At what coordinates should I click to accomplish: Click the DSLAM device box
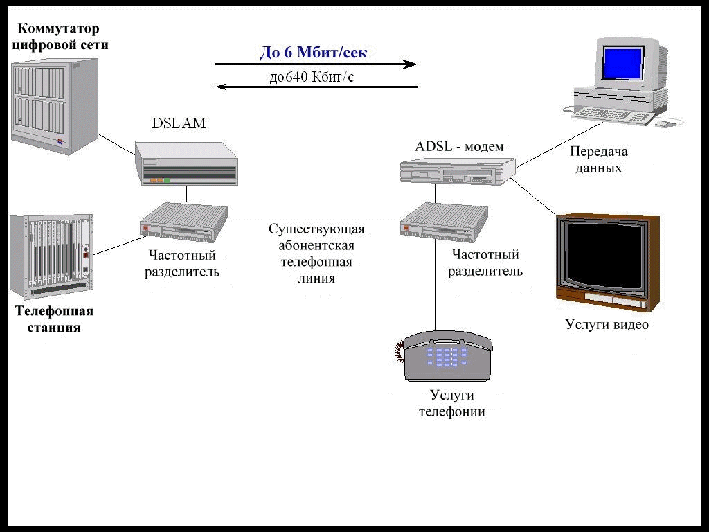tap(186, 163)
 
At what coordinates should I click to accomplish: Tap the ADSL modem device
tap(457, 170)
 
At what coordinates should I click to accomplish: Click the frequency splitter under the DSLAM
tap(183, 220)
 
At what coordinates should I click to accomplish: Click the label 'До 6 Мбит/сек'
tap(314, 52)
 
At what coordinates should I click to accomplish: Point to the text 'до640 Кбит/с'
tap(312, 77)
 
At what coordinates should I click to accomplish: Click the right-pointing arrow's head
tap(411, 64)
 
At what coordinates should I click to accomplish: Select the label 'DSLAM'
tap(179, 124)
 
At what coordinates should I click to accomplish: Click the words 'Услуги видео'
tap(607, 324)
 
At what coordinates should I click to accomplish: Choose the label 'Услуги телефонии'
tap(452, 403)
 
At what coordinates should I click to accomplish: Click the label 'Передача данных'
tap(598, 159)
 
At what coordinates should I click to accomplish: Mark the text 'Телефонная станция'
tap(54, 319)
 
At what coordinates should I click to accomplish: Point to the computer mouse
tap(665, 124)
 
